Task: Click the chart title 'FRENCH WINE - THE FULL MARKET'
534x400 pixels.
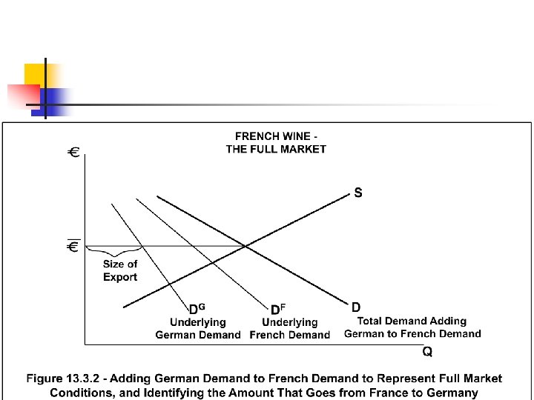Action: (276, 142)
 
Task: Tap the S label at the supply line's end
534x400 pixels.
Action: (358, 193)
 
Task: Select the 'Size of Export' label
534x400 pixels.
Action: (120, 270)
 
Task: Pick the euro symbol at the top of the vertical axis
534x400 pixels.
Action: (74, 153)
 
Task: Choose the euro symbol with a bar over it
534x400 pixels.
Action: (73, 246)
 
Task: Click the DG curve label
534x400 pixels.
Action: (197, 309)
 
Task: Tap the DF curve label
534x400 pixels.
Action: (279, 309)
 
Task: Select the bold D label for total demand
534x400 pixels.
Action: (356, 307)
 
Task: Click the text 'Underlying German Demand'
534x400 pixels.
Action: (198, 329)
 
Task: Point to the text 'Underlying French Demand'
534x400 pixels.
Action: (289, 329)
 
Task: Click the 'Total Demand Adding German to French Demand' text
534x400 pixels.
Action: (412, 327)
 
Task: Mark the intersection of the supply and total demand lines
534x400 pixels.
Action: (245, 246)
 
